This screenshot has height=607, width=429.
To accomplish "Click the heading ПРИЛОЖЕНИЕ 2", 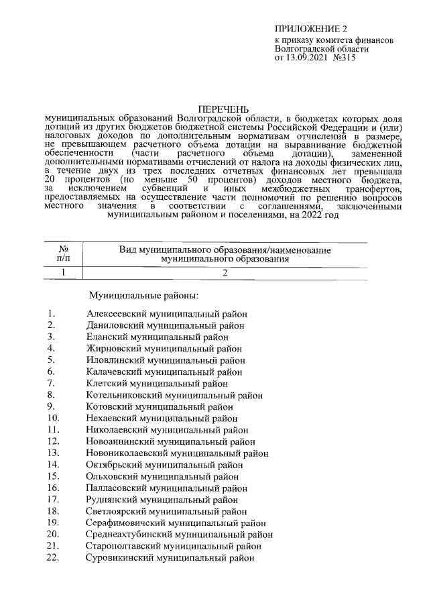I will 312,30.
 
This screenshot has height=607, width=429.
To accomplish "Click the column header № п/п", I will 63,253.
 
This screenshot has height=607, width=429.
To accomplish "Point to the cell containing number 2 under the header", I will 225,272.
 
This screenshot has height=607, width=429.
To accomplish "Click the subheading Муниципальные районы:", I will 144,295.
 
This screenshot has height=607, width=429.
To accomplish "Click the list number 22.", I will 54,558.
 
